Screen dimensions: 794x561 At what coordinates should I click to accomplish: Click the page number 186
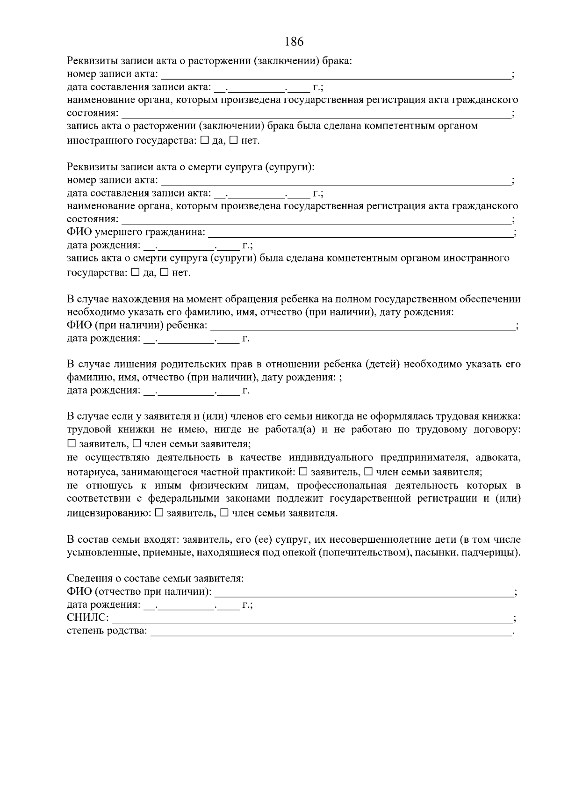point(294,42)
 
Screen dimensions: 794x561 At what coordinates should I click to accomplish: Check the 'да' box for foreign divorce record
point(204,140)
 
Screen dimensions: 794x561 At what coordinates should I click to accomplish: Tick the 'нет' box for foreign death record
point(164,272)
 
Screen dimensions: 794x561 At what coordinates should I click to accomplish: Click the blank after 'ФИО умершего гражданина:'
point(360,232)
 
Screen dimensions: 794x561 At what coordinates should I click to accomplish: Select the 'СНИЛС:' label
point(88,618)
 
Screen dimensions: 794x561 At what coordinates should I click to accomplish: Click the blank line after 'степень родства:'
point(331,631)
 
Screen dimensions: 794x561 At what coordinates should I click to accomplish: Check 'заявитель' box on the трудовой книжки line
point(71,444)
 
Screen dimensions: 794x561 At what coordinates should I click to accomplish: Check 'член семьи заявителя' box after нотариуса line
point(368,472)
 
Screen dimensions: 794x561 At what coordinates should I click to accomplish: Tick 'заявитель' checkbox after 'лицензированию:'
point(158,513)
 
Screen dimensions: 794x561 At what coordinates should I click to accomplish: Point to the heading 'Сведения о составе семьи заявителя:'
point(155,578)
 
